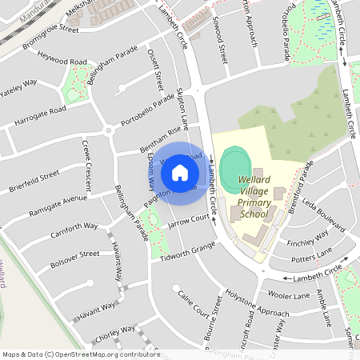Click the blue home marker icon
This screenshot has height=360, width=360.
tap(180, 173)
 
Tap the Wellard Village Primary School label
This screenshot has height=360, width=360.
tap(254, 196)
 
